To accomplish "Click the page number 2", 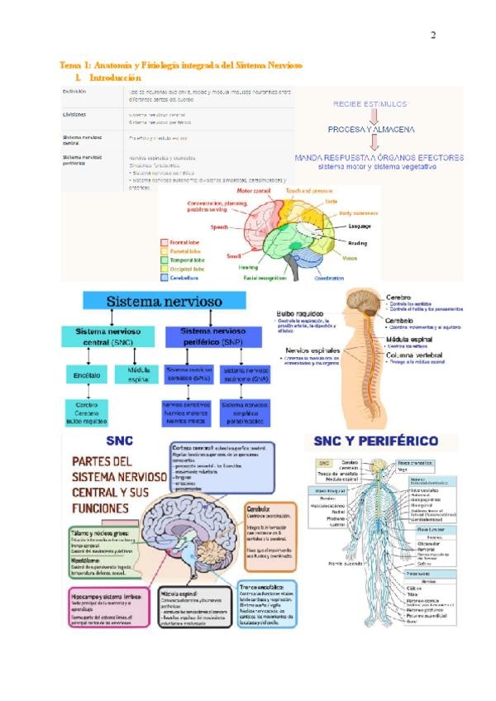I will click(x=432, y=36).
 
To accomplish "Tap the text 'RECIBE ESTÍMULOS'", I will click(x=370, y=104).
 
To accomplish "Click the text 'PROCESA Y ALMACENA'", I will click(x=371, y=130).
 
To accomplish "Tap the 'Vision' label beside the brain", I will click(x=350, y=259).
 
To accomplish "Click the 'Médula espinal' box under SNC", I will click(x=138, y=376).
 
